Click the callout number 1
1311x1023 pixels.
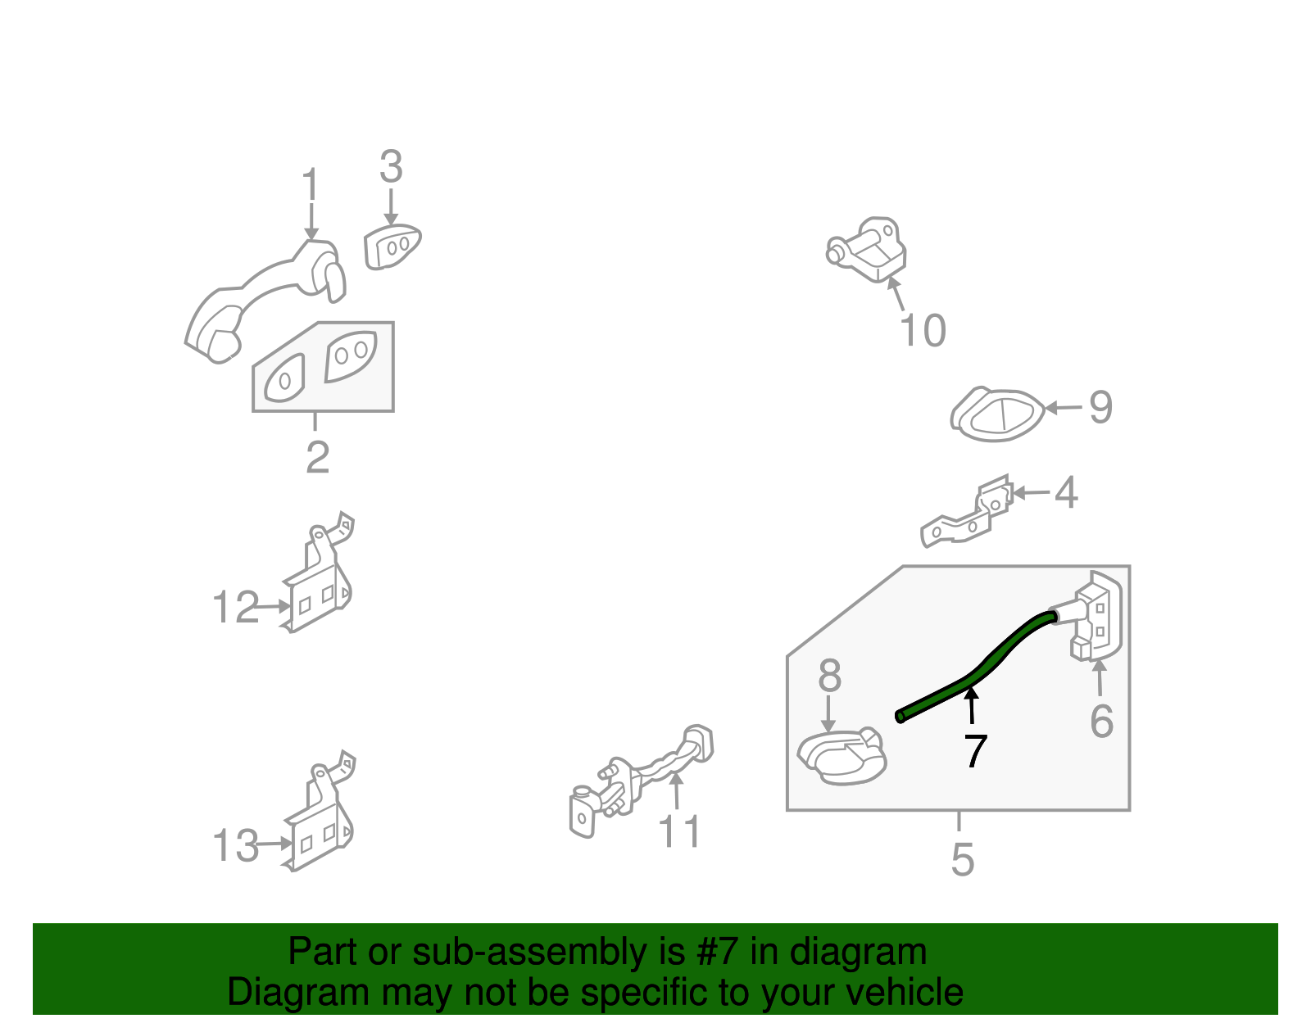[311, 183]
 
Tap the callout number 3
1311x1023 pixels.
[391, 166]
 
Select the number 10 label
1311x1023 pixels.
[923, 330]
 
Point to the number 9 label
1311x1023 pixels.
[1100, 407]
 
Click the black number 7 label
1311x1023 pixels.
[976, 751]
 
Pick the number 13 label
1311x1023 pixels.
[236, 844]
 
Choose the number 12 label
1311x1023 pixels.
[236, 606]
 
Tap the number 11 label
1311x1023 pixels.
[678, 831]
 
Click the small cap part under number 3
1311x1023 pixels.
[392, 246]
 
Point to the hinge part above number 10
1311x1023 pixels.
[867, 248]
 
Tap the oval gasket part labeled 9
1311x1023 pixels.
[996, 414]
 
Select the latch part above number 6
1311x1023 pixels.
[1091, 615]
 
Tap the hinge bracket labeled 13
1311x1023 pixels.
[318, 811]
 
